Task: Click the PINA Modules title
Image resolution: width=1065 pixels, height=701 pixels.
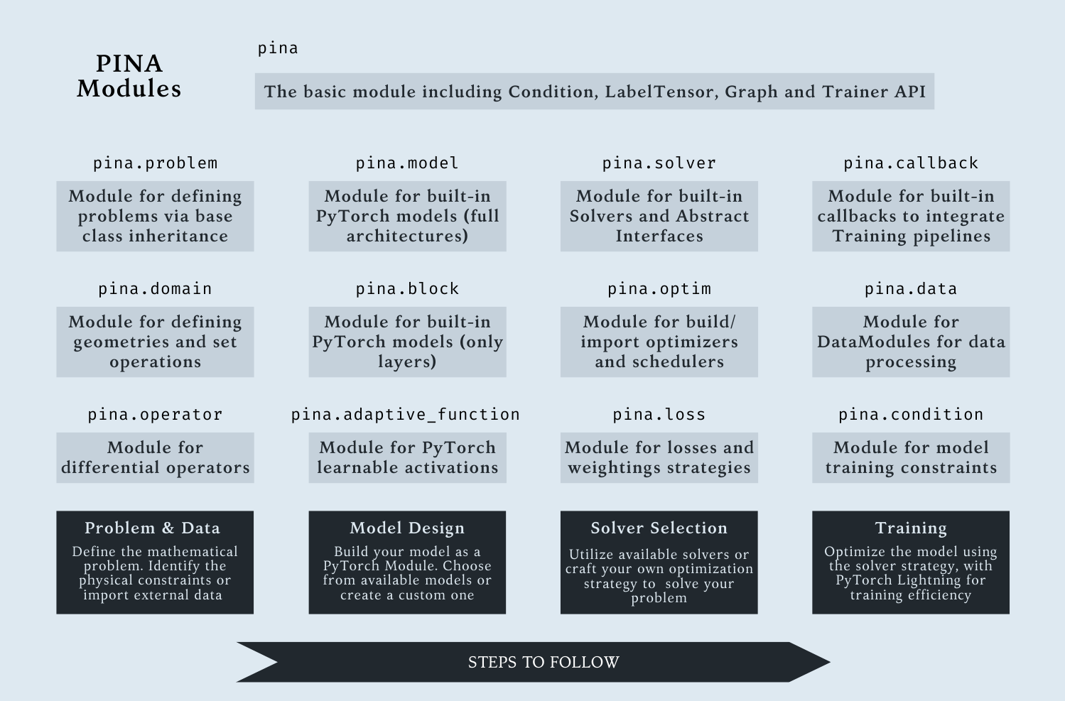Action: [x=129, y=76]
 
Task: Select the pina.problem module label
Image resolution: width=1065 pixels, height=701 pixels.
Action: [x=155, y=163]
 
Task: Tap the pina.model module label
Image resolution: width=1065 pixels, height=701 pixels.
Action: [x=407, y=163]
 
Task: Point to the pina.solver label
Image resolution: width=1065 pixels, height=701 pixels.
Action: [x=659, y=163]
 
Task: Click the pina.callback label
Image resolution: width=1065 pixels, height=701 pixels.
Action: [x=911, y=163]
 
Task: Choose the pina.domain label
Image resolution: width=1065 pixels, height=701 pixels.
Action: [x=155, y=289]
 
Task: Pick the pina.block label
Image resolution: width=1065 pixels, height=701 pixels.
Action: [x=407, y=289]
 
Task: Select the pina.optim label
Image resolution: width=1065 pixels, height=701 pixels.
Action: [x=659, y=289]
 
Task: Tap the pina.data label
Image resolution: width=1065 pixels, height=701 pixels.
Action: [x=911, y=289]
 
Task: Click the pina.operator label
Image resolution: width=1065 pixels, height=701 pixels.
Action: [x=155, y=415]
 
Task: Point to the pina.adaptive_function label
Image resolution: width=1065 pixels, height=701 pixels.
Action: [x=406, y=415]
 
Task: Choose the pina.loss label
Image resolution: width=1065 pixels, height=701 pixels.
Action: [x=659, y=415]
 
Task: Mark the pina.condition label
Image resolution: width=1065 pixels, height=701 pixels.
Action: [x=911, y=415]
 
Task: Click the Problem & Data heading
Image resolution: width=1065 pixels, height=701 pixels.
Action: [x=152, y=528]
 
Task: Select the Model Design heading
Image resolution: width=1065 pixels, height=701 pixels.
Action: [x=407, y=528]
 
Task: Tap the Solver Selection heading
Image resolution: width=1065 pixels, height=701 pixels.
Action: [x=659, y=528]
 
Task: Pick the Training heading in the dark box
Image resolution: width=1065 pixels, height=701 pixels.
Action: [x=911, y=528]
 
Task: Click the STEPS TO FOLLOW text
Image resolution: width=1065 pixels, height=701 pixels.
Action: [x=544, y=662]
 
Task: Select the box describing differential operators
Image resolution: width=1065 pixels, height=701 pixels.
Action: [x=155, y=458]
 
